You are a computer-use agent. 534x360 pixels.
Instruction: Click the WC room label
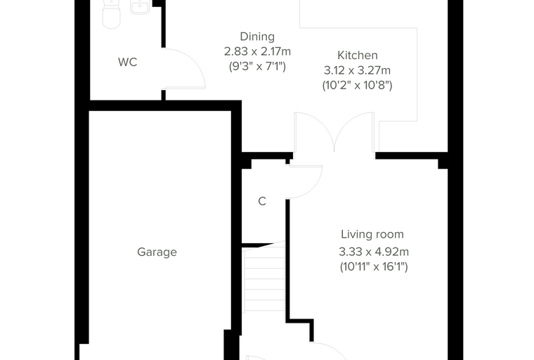coord(127,62)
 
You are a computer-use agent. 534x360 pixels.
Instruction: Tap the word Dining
coord(257,37)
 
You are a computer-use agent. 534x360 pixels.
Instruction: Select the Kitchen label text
coord(357,56)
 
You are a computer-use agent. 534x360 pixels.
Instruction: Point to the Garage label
coord(157,252)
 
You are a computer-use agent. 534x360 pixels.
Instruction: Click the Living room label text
coord(372,234)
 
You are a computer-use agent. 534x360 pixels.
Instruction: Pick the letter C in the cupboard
coord(262,202)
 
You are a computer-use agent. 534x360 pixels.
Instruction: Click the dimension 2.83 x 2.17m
coord(257,51)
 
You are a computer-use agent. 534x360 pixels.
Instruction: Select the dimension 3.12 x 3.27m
coord(357,70)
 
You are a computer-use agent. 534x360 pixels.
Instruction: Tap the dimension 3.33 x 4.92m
coord(374,252)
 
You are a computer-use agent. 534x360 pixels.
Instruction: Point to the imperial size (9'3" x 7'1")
coord(257,66)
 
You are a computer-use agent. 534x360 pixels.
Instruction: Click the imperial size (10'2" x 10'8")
coord(357,85)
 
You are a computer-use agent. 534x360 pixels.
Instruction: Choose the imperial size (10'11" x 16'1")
coord(374,266)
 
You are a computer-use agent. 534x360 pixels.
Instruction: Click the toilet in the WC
coord(111,13)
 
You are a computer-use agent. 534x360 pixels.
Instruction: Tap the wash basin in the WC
coord(140,7)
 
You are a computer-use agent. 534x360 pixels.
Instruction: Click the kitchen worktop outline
coord(417,75)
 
